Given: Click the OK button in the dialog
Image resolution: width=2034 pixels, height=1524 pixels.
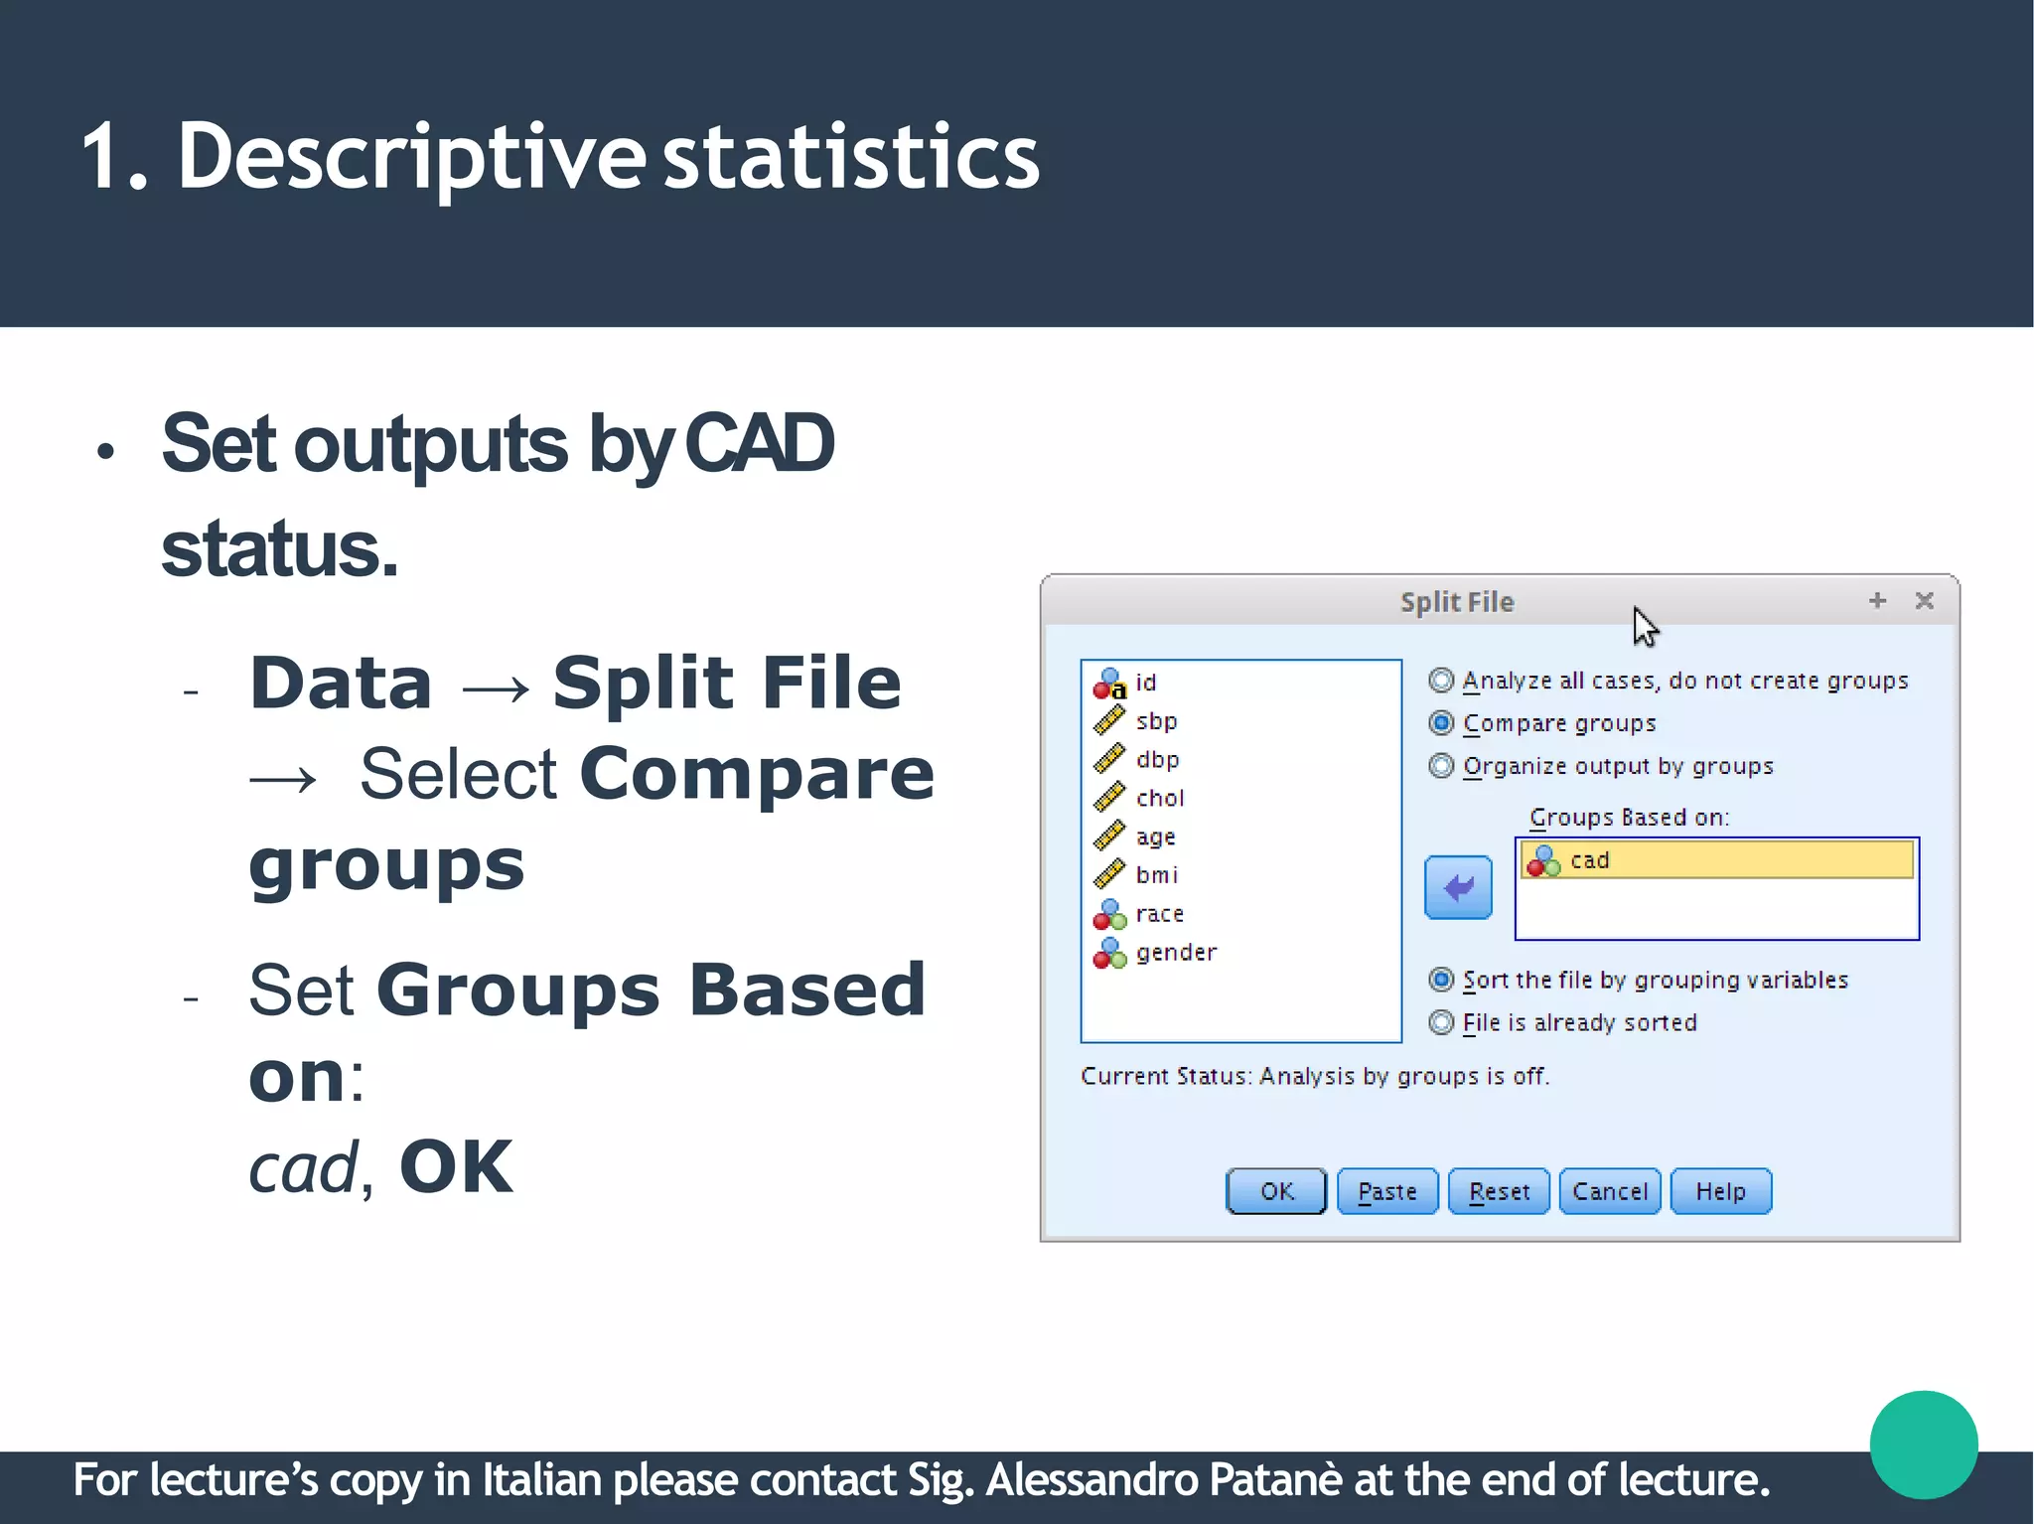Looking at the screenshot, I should click(x=1275, y=1191).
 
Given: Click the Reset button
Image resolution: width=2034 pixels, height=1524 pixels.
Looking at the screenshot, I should click(x=1498, y=1191).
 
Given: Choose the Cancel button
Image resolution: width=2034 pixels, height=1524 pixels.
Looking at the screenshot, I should click(x=1609, y=1191).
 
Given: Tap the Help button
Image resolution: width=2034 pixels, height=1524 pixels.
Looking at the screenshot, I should click(x=1720, y=1191).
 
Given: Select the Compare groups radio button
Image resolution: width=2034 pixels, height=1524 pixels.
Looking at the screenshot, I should click(x=1441, y=723).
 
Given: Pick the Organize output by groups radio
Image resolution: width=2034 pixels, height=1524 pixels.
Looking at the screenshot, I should click(x=1441, y=766).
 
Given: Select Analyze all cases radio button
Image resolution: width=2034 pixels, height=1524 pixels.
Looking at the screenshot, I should click(x=1441, y=681).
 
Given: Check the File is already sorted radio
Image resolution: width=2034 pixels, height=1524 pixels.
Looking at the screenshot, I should click(x=1441, y=1022).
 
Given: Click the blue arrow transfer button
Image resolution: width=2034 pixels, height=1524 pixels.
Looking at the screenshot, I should click(x=1458, y=887).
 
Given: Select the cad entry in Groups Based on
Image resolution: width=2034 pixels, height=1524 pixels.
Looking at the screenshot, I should click(x=1715, y=860).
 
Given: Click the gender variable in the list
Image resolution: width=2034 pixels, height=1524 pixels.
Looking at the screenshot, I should click(x=1175, y=953).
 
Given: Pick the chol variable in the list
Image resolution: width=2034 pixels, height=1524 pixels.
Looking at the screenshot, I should click(x=1159, y=799).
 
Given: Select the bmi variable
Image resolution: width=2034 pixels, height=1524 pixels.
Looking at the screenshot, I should click(x=1156, y=875).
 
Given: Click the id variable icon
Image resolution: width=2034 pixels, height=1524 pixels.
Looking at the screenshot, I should click(x=1109, y=684).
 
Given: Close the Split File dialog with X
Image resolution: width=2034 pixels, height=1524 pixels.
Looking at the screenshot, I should click(x=1924, y=601).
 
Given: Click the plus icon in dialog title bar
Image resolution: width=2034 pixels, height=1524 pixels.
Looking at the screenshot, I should click(x=1877, y=601).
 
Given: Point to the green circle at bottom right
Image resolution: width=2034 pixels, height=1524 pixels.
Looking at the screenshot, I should click(x=1923, y=1445).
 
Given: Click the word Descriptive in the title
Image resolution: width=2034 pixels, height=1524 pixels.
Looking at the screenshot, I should click(x=411, y=157).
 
